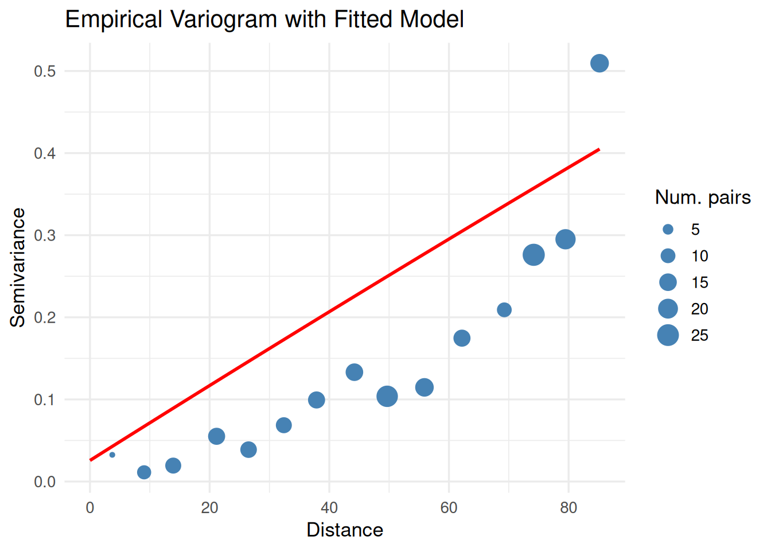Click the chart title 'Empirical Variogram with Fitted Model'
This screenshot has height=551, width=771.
click(x=264, y=20)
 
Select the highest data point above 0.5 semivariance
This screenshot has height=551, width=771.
click(x=599, y=63)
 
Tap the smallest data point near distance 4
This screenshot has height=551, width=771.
click(x=112, y=455)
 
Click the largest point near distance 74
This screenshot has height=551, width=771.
click(x=534, y=255)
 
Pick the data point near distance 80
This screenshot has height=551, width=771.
click(x=566, y=239)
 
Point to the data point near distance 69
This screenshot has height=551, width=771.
click(x=504, y=310)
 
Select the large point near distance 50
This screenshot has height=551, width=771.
click(x=387, y=396)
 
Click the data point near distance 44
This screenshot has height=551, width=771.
click(x=355, y=372)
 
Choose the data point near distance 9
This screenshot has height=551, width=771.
click(x=144, y=472)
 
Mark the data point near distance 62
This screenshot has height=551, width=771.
click(x=462, y=338)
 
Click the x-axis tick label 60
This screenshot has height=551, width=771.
click(x=449, y=508)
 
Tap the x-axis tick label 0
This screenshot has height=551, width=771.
click(x=90, y=508)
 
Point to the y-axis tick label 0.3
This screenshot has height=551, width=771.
click(x=45, y=235)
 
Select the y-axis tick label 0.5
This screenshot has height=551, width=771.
click(x=45, y=71)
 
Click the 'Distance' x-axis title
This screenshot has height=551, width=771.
click(x=345, y=530)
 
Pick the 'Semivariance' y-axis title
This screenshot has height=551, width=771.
click(x=18, y=267)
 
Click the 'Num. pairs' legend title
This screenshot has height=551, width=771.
click(x=703, y=197)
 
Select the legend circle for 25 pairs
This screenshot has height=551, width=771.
click(x=668, y=335)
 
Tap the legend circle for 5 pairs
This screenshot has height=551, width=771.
click(x=668, y=230)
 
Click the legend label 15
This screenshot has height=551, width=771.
click(x=700, y=282)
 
